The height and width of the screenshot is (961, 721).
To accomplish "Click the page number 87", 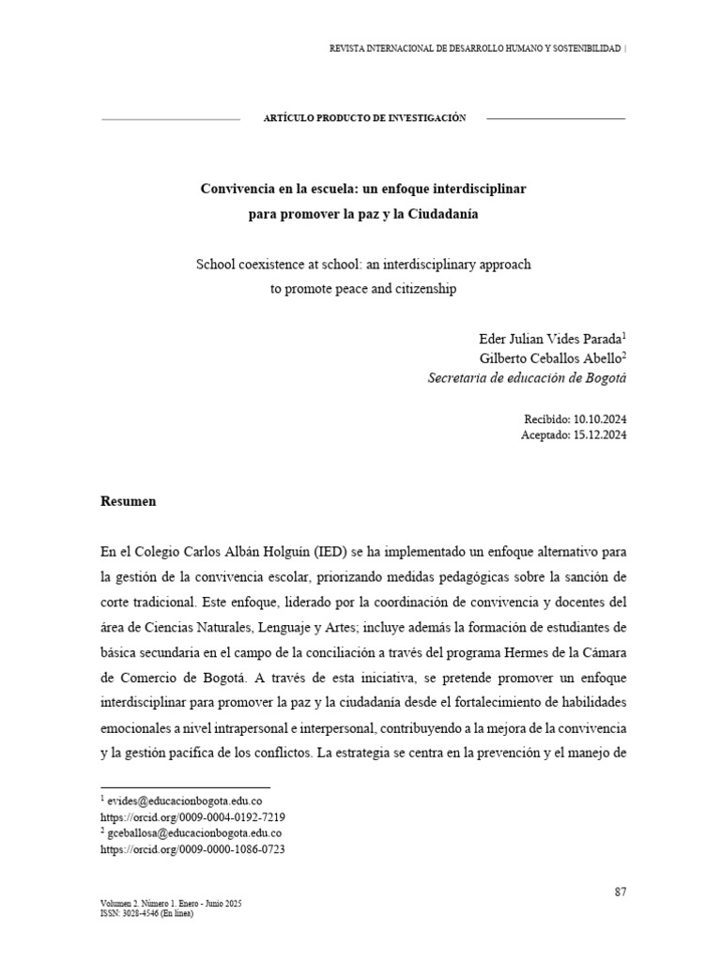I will [x=621, y=892].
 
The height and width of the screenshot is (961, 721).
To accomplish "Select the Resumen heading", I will [x=128, y=501].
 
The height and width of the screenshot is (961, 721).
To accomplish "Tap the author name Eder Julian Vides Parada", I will [x=549, y=338].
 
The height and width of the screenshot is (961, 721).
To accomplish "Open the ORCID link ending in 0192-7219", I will [x=192, y=817].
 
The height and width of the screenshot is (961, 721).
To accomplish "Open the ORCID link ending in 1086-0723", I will [x=192, y=849].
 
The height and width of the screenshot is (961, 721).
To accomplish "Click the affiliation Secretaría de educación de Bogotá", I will [x=527, y=378].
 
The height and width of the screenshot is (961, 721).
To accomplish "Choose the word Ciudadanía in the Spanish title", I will [x=442, y=214].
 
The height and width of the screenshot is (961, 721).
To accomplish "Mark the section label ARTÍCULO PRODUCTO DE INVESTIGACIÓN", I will [x=365, y=118].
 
